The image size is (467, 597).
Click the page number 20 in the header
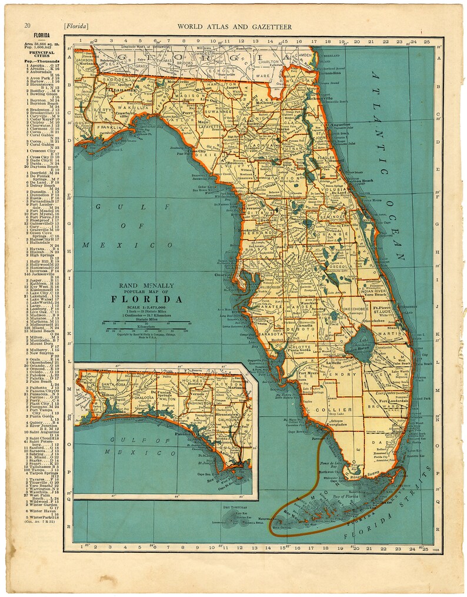(27, 26)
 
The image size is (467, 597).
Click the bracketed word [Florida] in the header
(76, 26)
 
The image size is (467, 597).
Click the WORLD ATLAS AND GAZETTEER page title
(234, 26)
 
